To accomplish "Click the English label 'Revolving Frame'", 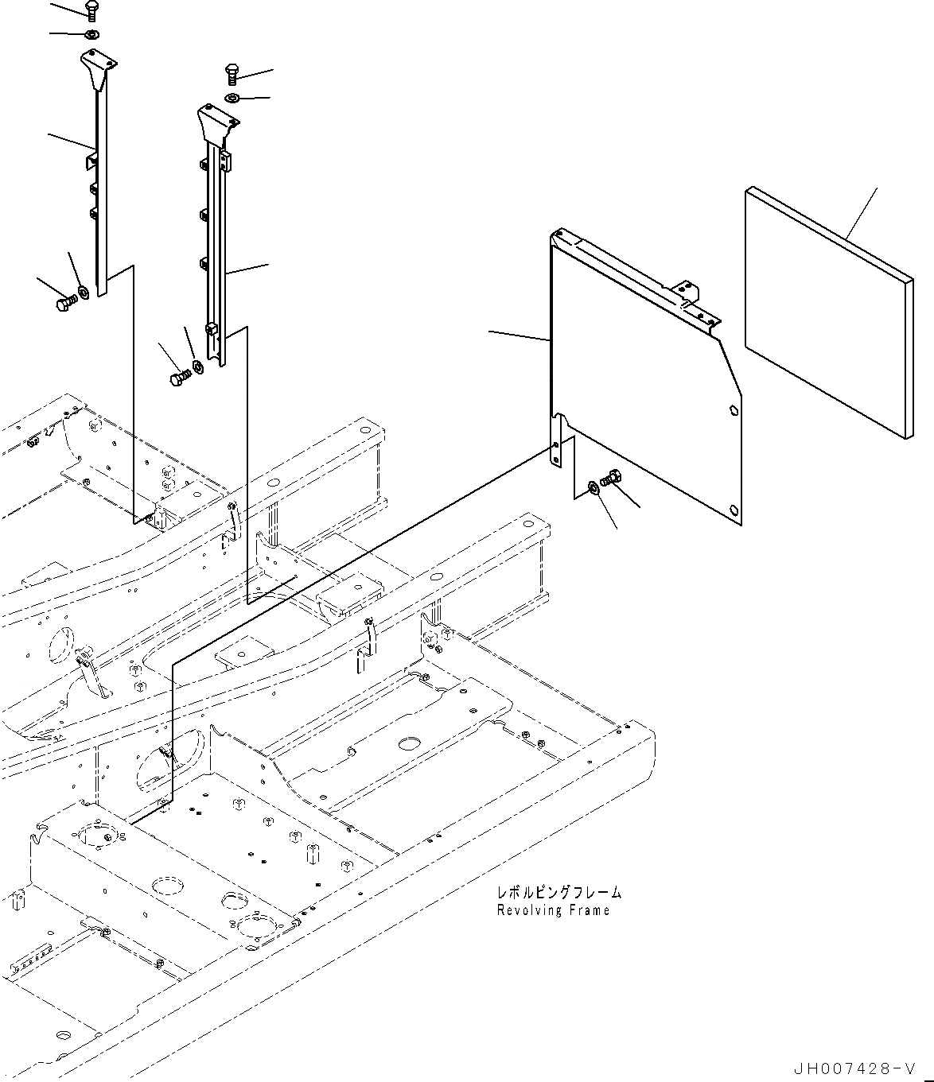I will click(x=553, y=910).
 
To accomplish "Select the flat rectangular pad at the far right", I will click(x=828, y=312).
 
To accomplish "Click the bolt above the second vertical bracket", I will click(x=232, y=73).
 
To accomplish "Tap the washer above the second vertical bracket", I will click(x=232, y=98).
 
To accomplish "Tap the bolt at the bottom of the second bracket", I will click(x=179, y=377).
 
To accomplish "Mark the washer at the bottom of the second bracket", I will click(x=198, y=367).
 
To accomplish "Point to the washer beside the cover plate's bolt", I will click(x=594, y=487).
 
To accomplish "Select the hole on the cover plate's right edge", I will click(x=732, y=411).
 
